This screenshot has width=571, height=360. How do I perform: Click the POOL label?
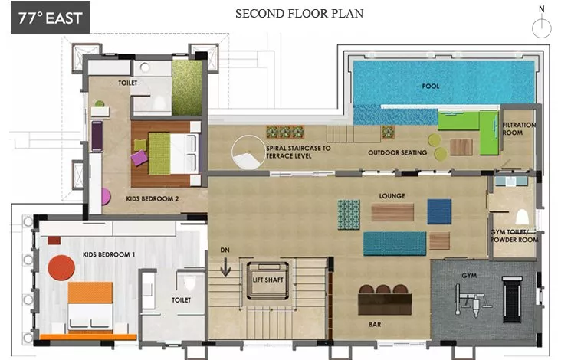431,87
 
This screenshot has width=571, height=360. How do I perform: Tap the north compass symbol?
542,24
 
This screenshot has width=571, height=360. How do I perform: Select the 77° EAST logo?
51,18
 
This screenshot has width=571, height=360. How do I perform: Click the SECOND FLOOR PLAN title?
299,14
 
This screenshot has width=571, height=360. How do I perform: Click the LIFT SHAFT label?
267,280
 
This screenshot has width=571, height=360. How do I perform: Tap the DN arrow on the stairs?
225,267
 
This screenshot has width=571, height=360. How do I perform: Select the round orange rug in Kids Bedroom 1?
61,267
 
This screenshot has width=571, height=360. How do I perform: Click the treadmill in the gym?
513,299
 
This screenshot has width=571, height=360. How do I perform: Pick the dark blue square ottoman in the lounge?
439,211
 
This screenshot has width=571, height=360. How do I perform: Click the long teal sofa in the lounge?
395,243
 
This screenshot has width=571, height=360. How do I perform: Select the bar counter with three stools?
385,300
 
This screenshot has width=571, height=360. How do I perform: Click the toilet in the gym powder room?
522,217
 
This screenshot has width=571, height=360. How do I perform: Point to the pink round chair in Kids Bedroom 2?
106,197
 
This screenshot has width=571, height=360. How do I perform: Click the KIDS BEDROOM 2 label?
153,198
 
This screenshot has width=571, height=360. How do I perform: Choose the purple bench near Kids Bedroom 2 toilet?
97,136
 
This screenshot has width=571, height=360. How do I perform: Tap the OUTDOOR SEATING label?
397,152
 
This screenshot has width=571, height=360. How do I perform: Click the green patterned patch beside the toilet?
187,88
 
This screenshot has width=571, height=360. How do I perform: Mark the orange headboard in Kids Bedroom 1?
90,293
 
